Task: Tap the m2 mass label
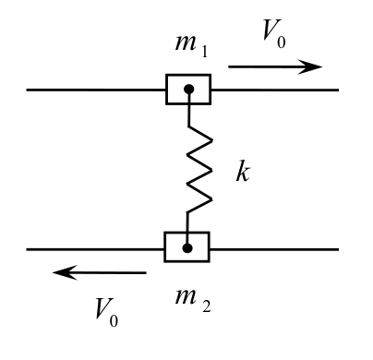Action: [193, 301]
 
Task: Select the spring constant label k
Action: [243, 171]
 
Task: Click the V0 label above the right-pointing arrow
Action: [274, 34]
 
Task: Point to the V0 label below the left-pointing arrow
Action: [106, 312]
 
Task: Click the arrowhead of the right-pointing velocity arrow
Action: [310, 66]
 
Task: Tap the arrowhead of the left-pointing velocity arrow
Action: [65, 272]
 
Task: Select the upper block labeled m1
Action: [188, 90]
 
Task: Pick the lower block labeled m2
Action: [186, 247]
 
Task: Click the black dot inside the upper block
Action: [189, 90]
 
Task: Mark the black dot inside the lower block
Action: [187, 248]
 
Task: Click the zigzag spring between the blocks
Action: [199, 169]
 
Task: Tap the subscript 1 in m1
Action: [204, 52]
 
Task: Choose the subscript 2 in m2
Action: [207, 306]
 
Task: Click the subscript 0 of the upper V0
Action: [282, 42]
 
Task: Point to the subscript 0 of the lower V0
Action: [114, 320]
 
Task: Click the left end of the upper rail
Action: [27, 90]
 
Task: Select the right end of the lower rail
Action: [339, 249]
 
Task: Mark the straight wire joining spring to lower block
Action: [187, 228]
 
